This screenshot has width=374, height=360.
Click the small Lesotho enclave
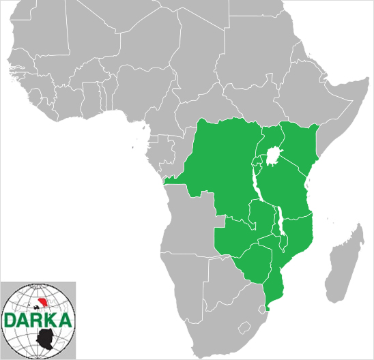(x=243, y=326)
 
